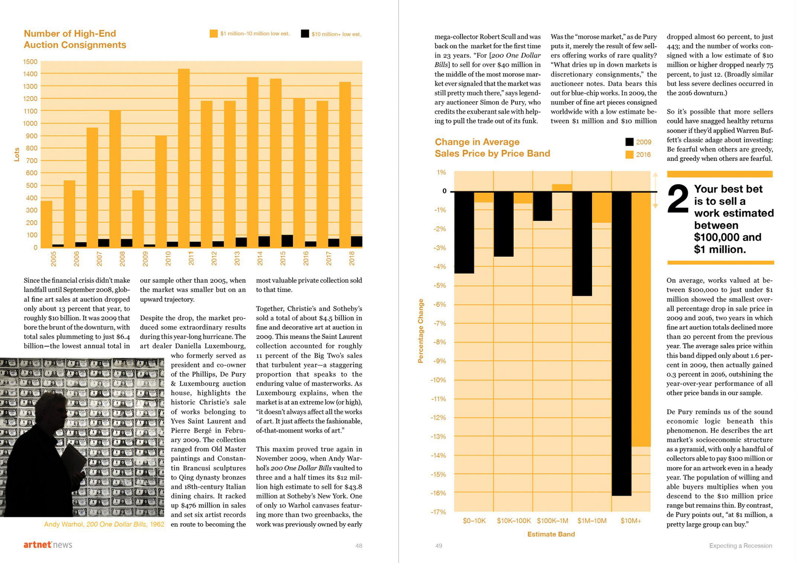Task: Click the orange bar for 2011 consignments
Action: point(184,156)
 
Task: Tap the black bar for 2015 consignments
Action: point(287,241)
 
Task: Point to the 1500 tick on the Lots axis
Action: point(30,62)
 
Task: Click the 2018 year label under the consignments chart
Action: point(352,258)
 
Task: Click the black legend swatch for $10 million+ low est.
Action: point(305,34)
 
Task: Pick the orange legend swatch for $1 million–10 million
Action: point(213,34)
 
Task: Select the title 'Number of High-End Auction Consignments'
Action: point(75,39)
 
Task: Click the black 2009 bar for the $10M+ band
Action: point(621,342)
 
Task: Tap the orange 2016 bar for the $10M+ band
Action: point(641,320)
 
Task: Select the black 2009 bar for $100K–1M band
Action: point(542,206)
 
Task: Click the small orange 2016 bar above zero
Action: point(562,188)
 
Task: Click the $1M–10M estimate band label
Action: point(592,521)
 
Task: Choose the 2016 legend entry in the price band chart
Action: point(638,155)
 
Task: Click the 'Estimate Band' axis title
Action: point(551,534)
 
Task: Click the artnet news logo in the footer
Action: point(48,545)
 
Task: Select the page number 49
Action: point(439,546)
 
